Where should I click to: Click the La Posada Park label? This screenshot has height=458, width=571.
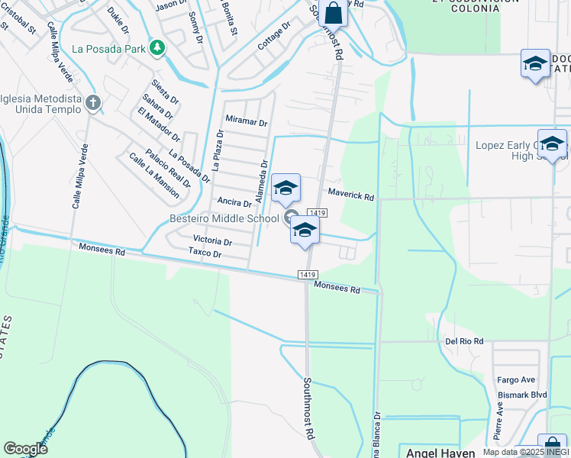click(x=109, y=48)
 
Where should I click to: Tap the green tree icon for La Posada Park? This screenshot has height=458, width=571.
click(x=157, y=48)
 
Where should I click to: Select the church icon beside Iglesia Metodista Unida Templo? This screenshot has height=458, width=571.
click(x=93, y=102)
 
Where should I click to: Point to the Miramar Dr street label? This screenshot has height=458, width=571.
click(x=247, y=121)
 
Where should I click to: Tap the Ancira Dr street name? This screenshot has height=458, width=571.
click(x=234, y=202)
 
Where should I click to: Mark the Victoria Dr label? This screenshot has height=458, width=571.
click(x=212, y=241)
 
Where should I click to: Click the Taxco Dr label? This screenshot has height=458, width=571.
click(x=205, y=253)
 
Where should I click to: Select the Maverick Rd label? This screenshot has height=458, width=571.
click(x=351, y=196)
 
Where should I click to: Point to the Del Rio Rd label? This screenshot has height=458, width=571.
click(x=465, y=341)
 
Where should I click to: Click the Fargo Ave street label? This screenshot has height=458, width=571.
click(x=516, y=379)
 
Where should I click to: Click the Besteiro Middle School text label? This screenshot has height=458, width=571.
click(x=224, y=219)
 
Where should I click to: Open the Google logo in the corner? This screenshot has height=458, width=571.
click(x=25, y=449)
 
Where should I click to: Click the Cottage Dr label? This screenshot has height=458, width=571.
click(x=275, y=35)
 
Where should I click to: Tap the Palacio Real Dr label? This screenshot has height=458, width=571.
click(x=168, y=165)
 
